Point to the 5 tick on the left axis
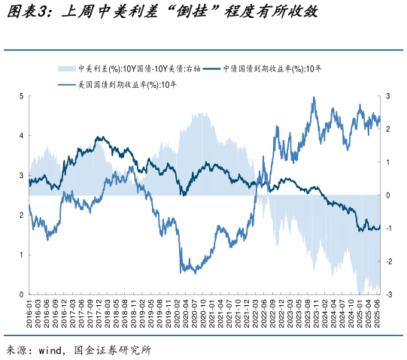click(x=21, y=96)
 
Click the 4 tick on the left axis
click(x=21, y=136)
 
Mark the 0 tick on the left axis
click(x=21, y=295)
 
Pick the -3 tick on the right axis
click(x=388, y=295)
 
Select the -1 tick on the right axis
click(x=388, y=228)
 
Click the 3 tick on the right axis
click(x=388, y=96)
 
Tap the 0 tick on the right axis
click(x=388, y=195)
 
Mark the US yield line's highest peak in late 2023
click(x=313, y=98)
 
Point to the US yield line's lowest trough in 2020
click(x=181, y=273)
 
